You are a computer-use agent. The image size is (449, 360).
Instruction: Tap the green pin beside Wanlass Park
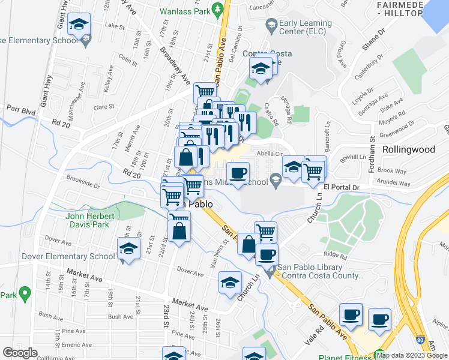coord(220,10)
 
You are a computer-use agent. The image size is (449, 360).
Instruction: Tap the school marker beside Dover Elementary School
coord(128,251)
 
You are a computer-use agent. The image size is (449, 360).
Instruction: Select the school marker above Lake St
coord(79,25)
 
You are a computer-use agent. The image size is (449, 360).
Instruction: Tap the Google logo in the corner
coord(20,353)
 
